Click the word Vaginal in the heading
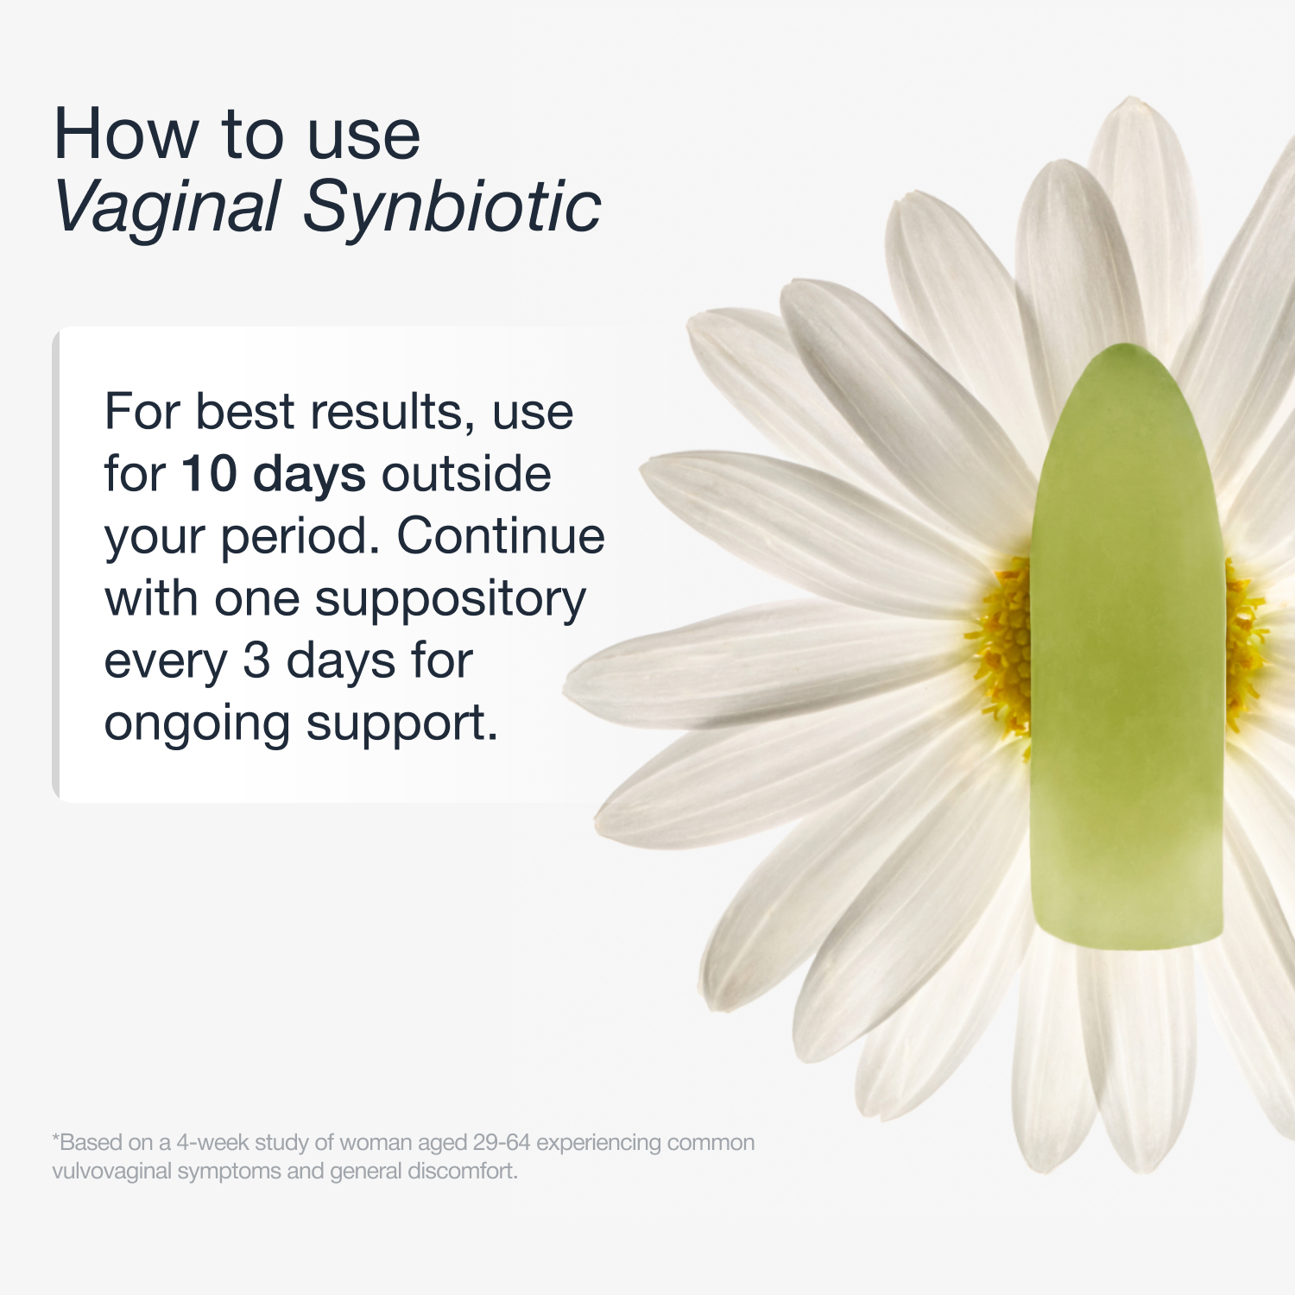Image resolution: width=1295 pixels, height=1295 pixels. click(167, 207)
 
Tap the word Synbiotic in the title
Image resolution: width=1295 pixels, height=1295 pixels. click(452, 207)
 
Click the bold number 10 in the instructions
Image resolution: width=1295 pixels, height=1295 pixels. click(209, 474)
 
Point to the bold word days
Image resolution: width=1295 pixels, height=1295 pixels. click(309, 476)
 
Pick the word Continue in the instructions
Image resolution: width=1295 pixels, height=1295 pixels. click(501, 536)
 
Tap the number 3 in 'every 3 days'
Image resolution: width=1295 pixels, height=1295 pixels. click(256, 661)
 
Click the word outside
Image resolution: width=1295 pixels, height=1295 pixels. click(466, 474)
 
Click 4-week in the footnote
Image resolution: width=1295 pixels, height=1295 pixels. click(212, 1142)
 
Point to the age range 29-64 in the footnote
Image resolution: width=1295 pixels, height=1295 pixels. click(502, 1142)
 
